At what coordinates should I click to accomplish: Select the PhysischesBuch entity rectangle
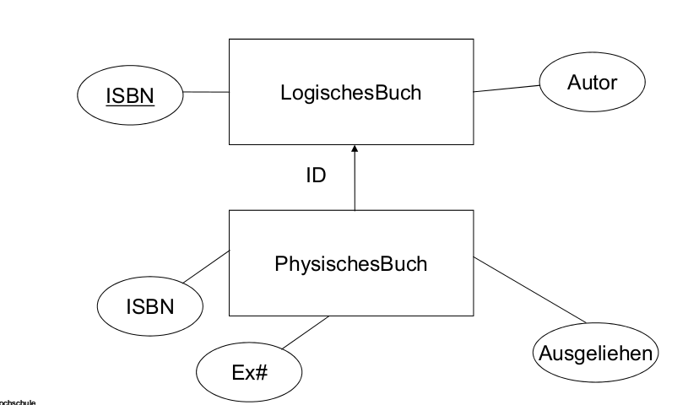point(350,263)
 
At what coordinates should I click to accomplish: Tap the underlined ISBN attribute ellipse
point(130,96)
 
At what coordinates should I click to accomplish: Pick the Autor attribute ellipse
point(592,84)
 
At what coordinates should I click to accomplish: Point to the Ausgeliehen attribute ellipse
point(595,352)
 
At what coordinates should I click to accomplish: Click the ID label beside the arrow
point(315,176)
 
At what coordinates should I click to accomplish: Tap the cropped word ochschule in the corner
point(17,401)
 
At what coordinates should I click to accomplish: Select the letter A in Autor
point(573,84)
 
